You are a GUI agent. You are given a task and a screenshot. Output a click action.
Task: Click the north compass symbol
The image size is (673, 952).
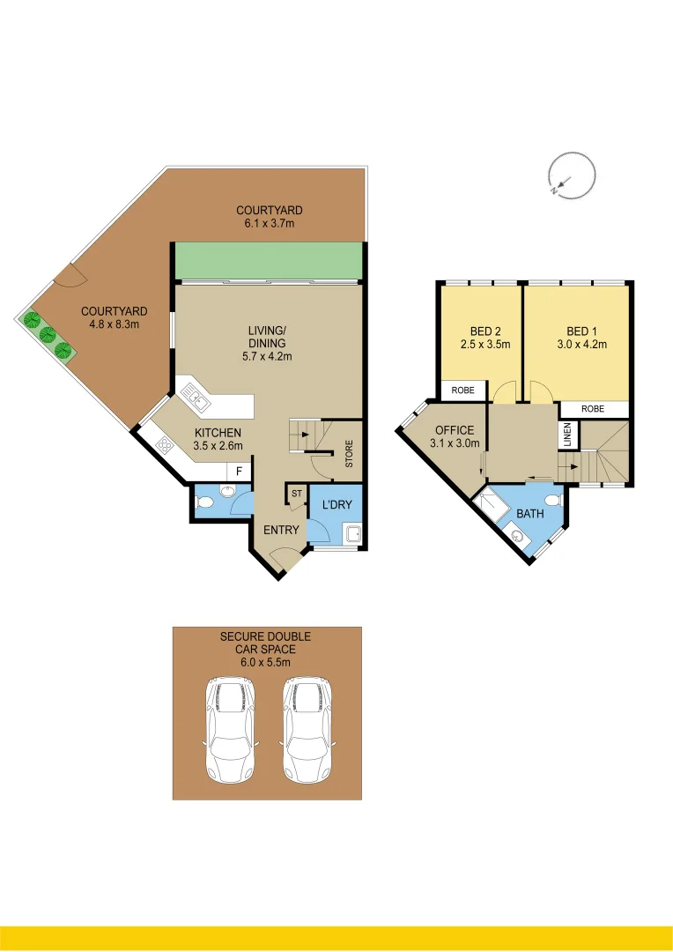[570, 175]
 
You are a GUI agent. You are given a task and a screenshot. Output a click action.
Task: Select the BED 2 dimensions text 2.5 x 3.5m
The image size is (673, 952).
[479, 345]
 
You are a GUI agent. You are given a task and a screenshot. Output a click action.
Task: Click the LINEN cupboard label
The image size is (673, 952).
[567, 435]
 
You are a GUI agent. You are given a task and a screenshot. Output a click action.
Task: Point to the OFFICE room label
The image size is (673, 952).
[454, 430]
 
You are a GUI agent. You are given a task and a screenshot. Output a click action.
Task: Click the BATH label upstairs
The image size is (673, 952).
[530, 513]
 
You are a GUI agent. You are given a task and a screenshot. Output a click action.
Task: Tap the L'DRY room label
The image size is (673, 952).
[336, 505]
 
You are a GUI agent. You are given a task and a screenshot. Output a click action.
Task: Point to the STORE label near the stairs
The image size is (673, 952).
[349, 456]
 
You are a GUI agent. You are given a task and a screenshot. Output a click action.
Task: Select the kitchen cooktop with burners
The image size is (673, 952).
[164, 446]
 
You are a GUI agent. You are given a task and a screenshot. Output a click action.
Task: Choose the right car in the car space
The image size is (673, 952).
[307, 729]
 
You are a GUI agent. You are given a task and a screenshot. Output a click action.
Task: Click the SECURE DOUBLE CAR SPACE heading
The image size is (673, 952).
[265, 642]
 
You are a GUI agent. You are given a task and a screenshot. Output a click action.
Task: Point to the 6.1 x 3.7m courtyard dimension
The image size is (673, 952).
[269, 224]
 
